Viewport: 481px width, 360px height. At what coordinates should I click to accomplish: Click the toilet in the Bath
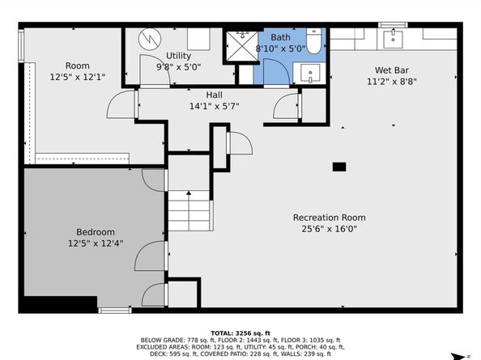click(313, 41)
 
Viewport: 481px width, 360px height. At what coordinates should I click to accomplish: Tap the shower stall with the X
click(242, 46)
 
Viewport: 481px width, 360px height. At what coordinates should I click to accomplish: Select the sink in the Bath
click(309, 73)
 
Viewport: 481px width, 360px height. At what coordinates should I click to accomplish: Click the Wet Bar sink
click(393, 38)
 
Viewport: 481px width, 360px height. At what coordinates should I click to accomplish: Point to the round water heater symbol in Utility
click(150, 39)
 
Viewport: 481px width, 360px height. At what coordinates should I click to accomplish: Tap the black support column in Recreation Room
click(339, 167)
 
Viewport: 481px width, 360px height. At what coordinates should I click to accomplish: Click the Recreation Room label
click(329, 218)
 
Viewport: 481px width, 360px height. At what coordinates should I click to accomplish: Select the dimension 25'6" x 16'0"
click(329, 229)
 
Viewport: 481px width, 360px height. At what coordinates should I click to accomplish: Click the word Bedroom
click(96, 232)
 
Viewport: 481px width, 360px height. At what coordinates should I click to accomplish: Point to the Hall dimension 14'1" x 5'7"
click(214, 106)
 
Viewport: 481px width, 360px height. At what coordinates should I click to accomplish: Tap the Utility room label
click(178, 56)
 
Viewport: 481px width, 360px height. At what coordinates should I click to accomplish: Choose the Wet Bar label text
click(392, 70)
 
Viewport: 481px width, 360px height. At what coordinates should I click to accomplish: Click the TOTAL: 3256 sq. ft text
click(240, 333)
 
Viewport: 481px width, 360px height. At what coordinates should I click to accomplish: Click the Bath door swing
click(276, 71)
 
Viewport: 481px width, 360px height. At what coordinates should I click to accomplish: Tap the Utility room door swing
click(155, 70)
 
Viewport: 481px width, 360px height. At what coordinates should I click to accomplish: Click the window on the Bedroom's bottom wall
click(115, 311)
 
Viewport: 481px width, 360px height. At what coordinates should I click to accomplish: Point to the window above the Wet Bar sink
click(393, 25)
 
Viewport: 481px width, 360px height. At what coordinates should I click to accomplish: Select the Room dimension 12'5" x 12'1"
click(78, 77)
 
